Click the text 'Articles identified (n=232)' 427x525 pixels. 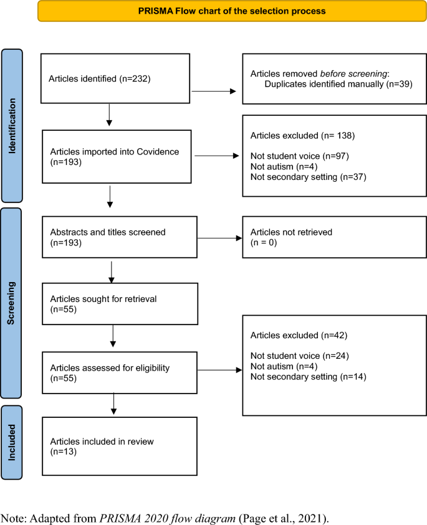(97, 79)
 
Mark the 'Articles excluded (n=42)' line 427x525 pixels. (290, 336)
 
